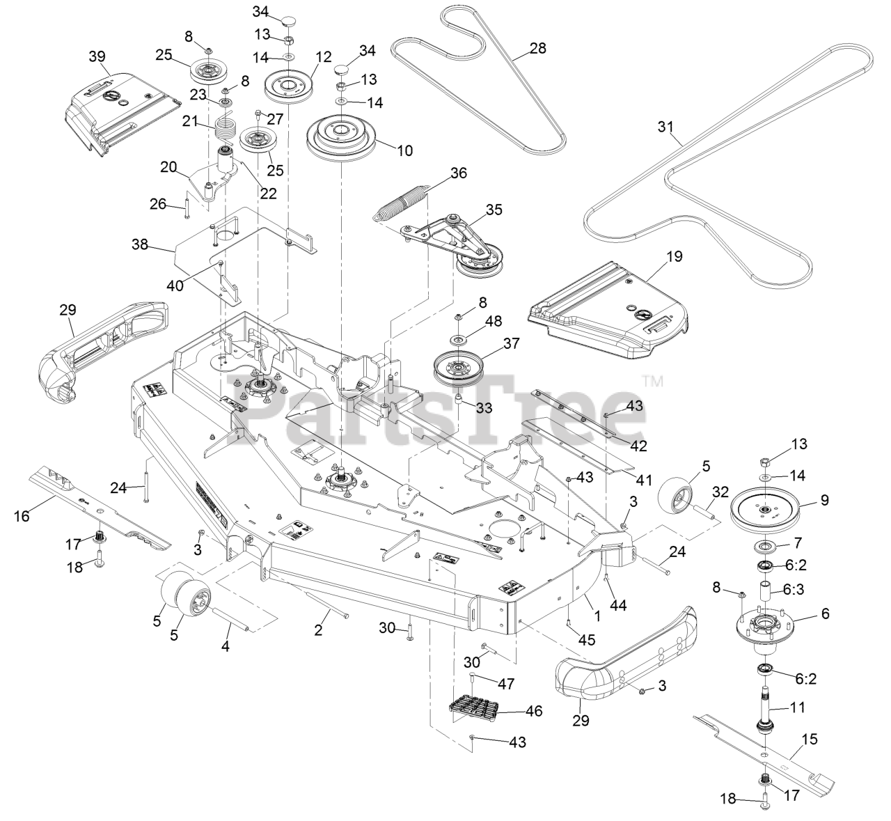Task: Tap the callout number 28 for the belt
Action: pos(537,48)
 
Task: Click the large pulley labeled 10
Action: pos(341,139)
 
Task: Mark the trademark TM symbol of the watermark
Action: pos(652,382)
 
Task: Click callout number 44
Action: pos(618,606)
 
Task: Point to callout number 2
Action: pos(318,631)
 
